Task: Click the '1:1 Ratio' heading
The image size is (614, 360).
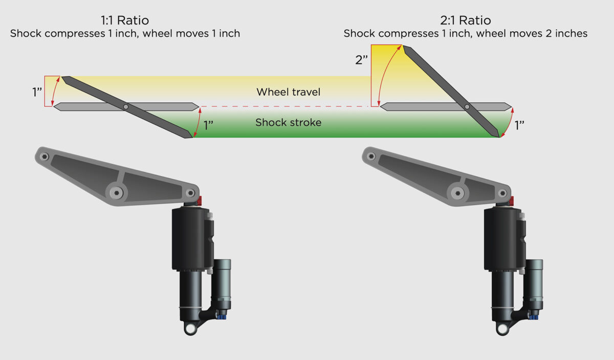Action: (125, 21)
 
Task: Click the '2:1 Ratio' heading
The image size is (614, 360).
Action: (465, 21)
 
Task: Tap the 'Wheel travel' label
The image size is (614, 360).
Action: (288, 92)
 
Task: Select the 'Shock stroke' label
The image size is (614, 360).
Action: (288, 123)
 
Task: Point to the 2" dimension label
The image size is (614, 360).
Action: (361, 60)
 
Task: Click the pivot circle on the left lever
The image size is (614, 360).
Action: (126, 107)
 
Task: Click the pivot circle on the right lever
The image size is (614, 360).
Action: (467, 107)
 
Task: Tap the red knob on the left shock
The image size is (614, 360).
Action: (200, 200)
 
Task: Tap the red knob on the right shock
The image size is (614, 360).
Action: (510, 200)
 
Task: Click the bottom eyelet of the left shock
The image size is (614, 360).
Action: (191, 327)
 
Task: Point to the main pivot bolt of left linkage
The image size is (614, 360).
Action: (117, 193)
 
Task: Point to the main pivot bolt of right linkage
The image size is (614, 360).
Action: (457, 193)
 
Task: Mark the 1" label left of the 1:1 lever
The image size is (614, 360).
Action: (37, 93)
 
